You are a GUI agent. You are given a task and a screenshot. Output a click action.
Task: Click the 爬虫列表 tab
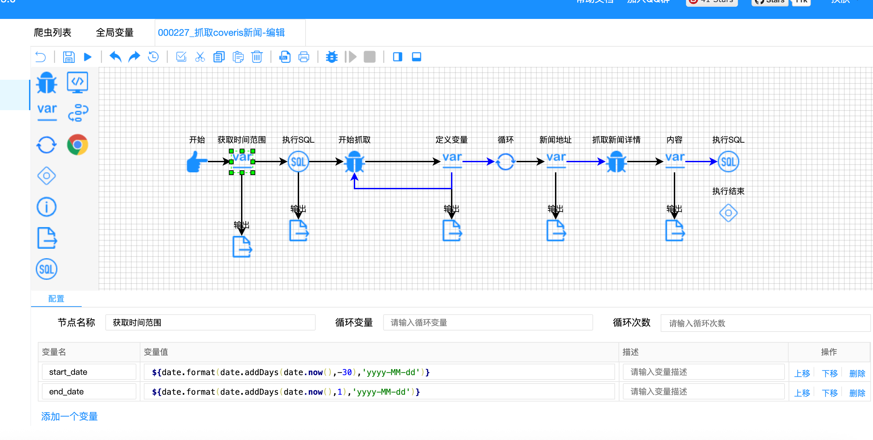53,32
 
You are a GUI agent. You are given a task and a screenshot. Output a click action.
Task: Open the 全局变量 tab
114,32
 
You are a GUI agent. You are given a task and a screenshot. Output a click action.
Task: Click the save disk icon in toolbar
69,57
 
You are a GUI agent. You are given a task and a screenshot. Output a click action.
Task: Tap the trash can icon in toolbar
257,57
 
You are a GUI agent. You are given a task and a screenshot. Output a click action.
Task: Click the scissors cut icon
200,57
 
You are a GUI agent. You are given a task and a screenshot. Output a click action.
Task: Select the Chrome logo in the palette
78,145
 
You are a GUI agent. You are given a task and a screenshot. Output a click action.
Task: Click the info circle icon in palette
47,207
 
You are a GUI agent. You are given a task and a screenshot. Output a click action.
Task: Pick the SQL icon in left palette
47,269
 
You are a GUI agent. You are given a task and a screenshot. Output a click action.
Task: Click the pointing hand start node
196,162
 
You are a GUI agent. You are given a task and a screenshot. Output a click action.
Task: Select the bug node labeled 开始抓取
354,162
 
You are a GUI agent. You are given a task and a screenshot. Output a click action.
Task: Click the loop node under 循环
505,162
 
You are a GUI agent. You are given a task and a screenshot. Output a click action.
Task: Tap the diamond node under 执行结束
728,213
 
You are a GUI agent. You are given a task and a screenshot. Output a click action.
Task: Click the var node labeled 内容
675,160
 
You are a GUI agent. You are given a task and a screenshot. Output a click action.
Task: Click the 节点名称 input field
210,322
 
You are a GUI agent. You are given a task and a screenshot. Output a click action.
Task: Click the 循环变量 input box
488,322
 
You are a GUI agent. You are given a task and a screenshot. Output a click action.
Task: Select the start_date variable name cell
89,372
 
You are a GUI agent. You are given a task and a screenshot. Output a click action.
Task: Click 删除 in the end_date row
857,393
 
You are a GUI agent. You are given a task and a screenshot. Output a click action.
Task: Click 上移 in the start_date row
802,373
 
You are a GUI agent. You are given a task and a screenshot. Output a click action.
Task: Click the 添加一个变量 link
70,416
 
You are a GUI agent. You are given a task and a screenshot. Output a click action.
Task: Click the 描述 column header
630,352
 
